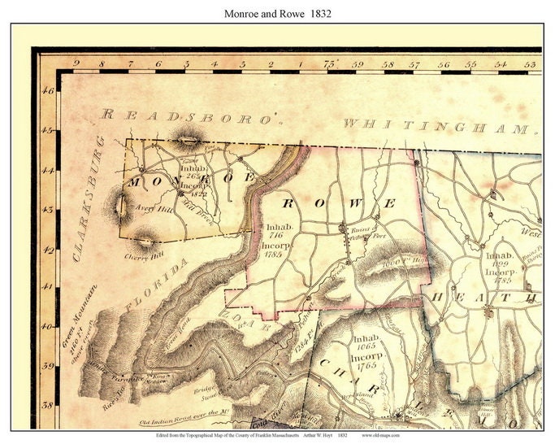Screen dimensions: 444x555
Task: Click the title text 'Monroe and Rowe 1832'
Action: (x=277, y=14)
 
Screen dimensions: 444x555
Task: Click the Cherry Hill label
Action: (x=139, y=255)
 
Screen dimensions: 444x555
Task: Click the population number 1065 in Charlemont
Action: (x=366, y=347)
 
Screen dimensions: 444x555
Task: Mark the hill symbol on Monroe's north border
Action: (x=190, y=139)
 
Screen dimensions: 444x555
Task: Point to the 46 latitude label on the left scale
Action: (x=48, y=91)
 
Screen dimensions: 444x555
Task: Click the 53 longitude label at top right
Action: (x=530, y=64)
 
